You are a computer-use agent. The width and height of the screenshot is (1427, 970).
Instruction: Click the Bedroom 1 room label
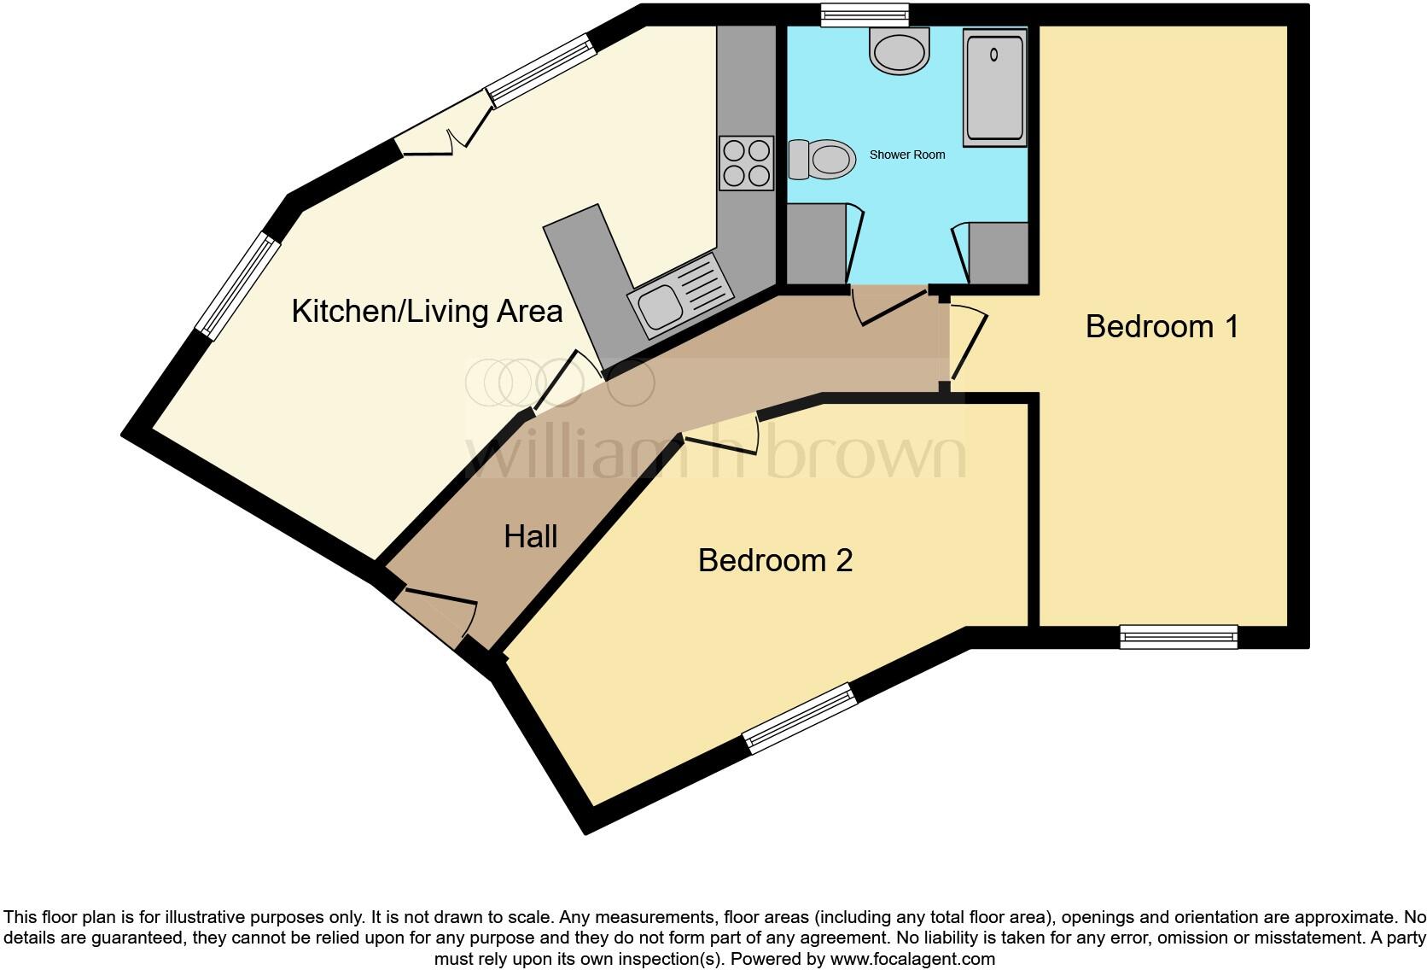(1162, 327)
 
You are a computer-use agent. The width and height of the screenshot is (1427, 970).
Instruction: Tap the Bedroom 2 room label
(775, 561)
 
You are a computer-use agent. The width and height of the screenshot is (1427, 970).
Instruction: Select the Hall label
(530, 537)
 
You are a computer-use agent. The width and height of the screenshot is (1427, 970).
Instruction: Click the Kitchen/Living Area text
(427, 312)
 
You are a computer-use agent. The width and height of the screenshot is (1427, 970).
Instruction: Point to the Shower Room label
(907, 155)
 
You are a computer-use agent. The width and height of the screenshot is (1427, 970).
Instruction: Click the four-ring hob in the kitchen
(747, 163)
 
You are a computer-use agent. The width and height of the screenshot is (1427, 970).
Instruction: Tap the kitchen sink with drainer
(680, 294)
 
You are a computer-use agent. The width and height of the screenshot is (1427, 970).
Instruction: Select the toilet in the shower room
(823, 160)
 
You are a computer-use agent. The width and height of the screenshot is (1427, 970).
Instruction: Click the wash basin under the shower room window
(900, 51)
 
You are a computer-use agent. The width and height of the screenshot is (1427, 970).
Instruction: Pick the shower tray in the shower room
(994, 87)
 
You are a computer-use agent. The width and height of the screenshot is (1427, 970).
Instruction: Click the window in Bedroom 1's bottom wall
(1178, 636)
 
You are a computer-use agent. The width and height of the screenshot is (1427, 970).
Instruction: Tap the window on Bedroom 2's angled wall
(800, 718)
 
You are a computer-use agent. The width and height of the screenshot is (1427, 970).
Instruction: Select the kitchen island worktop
(589, 273)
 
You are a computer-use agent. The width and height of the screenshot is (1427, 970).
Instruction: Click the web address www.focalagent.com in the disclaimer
(912, 959)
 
